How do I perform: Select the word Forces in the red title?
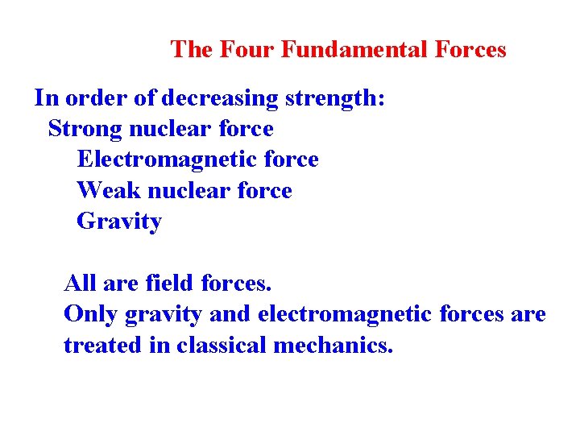tap(471, 50)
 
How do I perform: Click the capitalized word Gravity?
tap(119, 222)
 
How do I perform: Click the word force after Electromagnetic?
tap(291, 159)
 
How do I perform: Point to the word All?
tap(80, 284)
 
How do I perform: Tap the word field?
tap(170, 284)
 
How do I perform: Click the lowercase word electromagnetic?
tap(342, 314)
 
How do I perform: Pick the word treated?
tap(102, 346)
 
